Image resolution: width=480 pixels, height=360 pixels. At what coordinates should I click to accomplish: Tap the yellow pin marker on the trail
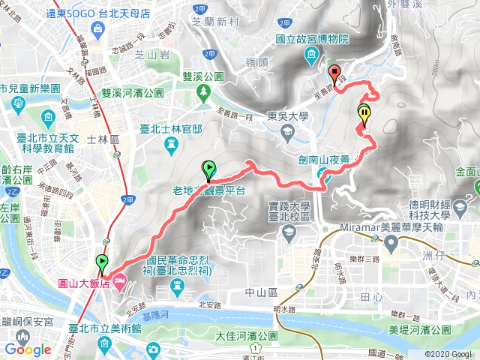364,115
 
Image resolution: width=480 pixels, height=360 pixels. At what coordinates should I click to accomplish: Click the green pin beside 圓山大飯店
101,262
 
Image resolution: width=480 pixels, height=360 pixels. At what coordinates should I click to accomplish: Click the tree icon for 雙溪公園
204,91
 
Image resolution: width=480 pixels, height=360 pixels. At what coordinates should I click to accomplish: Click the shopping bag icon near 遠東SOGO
98,28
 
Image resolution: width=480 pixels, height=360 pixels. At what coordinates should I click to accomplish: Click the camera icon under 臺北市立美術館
153,349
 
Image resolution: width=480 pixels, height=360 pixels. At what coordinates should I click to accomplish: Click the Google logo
28,349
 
